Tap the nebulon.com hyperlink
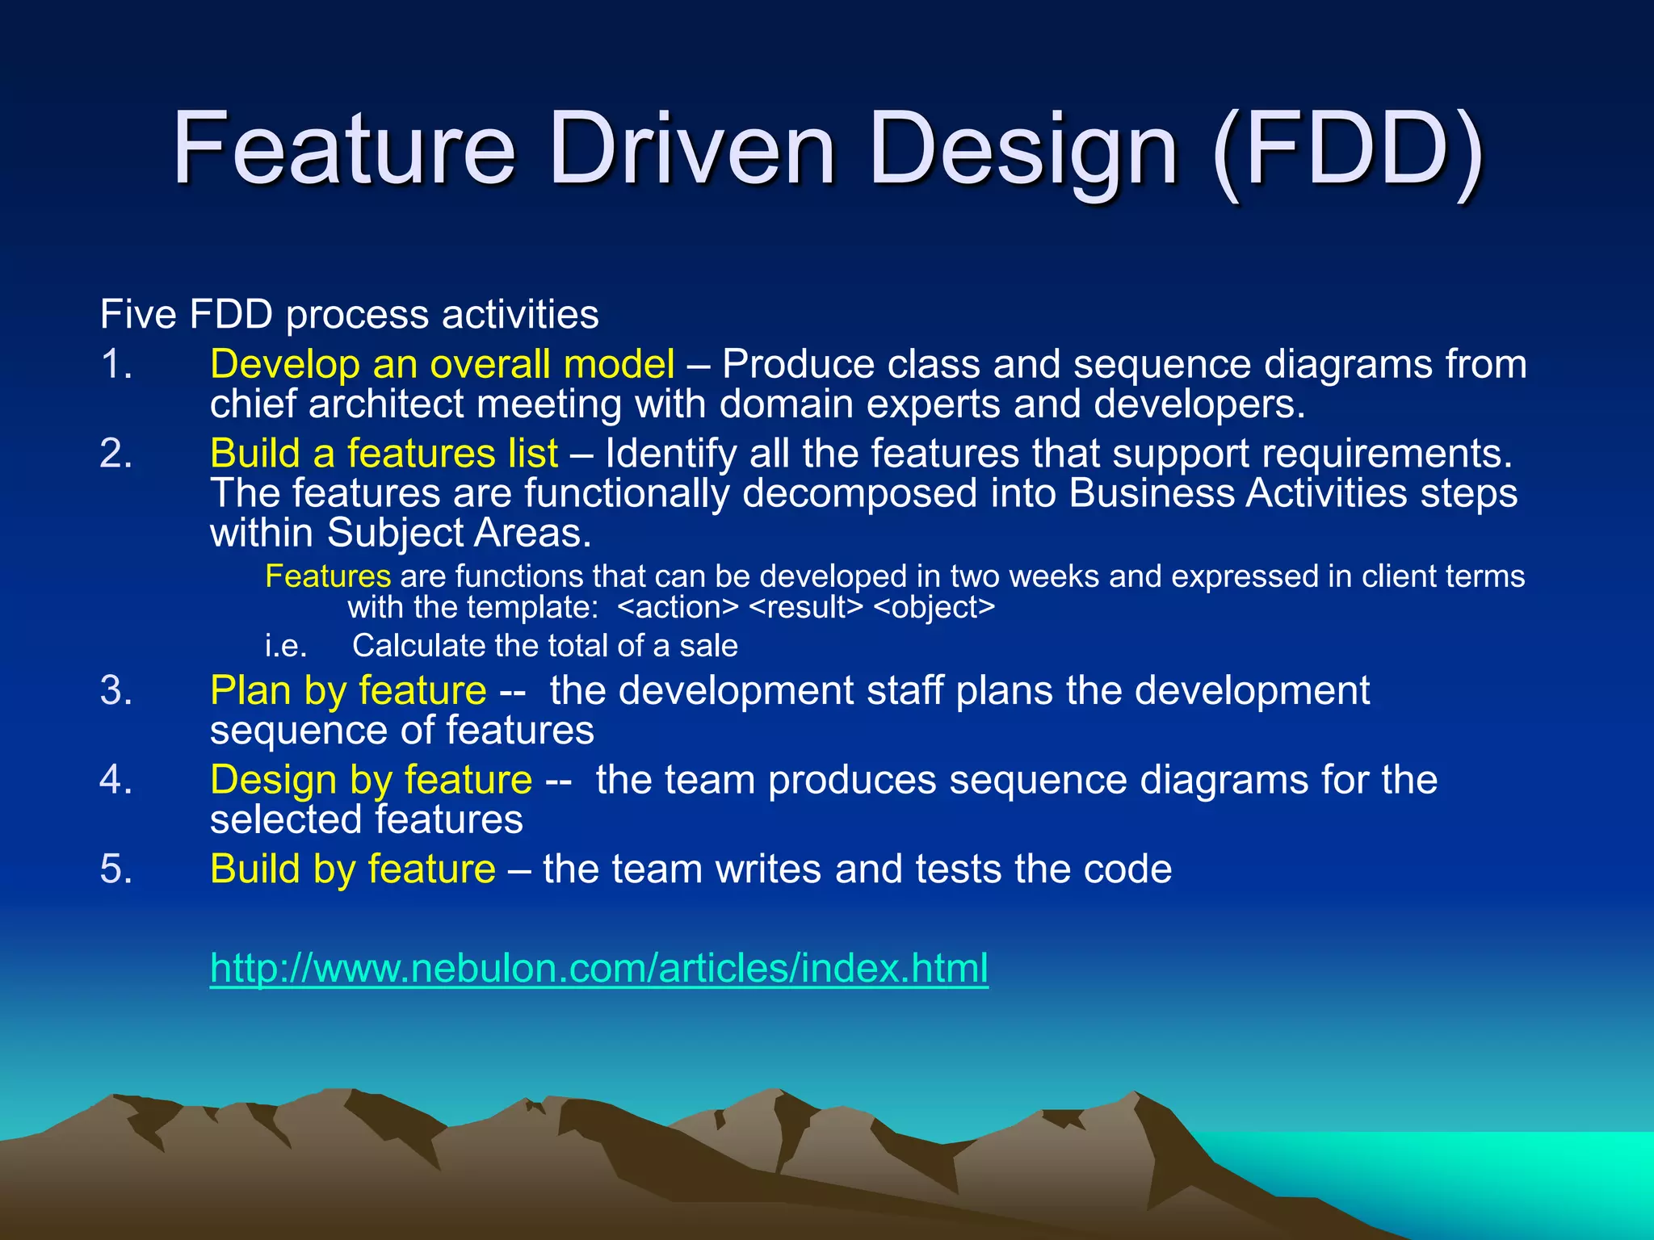(x=598, y=967)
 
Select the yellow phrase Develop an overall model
(x=442, y=364)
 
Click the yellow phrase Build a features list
(x=384, y=453)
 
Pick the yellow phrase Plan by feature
(x=348, y=690)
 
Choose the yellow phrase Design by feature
(x=371, y=780)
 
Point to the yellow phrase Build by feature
(x=353, y=869)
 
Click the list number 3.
(x=116, y=691)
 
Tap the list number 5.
(x=116, y=869)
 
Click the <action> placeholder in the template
(x=678, y=607)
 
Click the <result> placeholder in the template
(x=806, y=607)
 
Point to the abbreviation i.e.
(x=286, y=646)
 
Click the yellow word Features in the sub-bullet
(x=328, y=576)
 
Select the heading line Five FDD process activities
(x=349, y=314)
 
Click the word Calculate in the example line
(x=418, y=646)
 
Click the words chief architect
(x=337, y=404)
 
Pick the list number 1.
(x=116, y=364)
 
